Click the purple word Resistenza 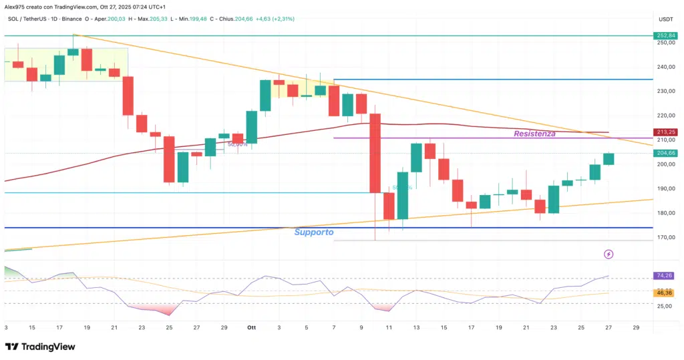(x=534, y=134)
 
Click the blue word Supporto (x=314, y=232)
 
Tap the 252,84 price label (x=666, y=35)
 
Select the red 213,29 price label (x=666, y=132)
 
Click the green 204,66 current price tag (x=666, y=153)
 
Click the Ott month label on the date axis (x=252, y=328)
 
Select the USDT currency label (x=665, y=19)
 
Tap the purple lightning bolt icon (x=609, y=254)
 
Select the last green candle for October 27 (x=609, y=158)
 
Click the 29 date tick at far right (x=635, y=328)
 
